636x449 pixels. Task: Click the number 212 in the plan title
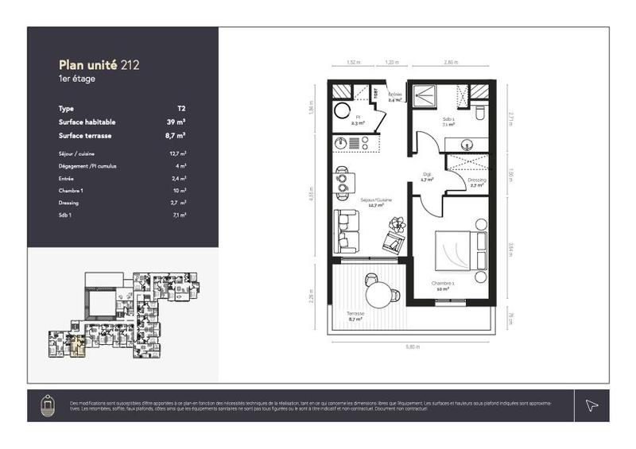coord(130,65)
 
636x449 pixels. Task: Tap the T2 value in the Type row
coord(181,108)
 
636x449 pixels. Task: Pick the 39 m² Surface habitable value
coord(176,122)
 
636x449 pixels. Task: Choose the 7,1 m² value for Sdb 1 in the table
coord(180,215)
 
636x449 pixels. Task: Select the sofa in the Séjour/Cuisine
coord(344,231)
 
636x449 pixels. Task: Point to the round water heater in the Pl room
coord(341,110)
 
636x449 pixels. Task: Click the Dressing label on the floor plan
coord(477,180)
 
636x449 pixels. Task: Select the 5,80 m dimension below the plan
coord(411,346)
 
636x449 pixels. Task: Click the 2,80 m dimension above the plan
coord(451,62)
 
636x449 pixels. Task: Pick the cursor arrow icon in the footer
coord(591,405)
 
